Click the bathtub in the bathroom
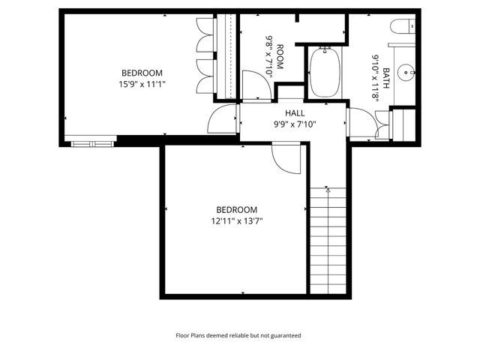click(325, 72)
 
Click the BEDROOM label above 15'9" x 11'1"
click(142, 73)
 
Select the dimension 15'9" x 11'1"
click(142, 83)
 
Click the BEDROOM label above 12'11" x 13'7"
click(236, 210)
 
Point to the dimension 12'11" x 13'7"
click(236, 220)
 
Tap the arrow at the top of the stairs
click(328, 190)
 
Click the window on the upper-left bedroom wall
click(90, 140)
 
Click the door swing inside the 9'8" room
click(253, 84)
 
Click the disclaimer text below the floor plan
click(238, 336)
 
